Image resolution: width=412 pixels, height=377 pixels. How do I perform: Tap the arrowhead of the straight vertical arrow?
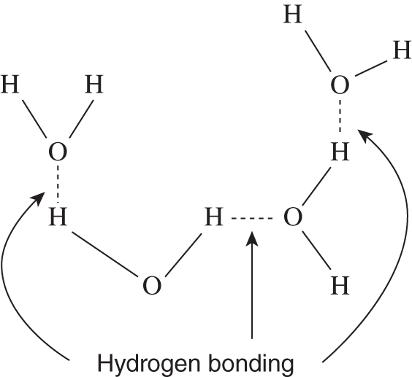click(252, 238)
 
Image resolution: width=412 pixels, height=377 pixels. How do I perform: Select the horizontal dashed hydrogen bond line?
click(252, 218)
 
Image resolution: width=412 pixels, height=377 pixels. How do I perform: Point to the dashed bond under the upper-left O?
click(58, 184)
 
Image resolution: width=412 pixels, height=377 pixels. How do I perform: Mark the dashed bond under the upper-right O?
click(340, 115)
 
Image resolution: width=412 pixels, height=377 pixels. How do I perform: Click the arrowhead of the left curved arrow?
click(39, 198)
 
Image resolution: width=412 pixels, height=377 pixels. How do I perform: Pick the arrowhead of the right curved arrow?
click(365, 136)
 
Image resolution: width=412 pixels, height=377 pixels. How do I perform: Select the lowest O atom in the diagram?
click(152, 285)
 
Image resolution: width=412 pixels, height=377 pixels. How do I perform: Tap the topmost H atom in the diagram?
click(292, 15)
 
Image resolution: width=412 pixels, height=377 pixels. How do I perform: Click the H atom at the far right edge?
click(402, 50)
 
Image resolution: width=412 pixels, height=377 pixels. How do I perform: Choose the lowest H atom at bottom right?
click(340, 286)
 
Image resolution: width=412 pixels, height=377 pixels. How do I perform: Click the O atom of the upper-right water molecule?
click(340, 85)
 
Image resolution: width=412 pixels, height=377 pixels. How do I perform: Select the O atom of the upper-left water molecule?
click(58, 152)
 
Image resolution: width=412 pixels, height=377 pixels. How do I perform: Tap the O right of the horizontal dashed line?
click(293, 217)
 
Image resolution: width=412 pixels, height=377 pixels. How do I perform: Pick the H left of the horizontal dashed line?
click(214, 217)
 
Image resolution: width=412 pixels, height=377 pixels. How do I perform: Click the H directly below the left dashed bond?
click(58, 217)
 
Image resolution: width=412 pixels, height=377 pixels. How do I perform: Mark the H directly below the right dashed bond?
click(340, 152)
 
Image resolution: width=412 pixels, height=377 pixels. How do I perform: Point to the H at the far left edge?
click(10, 85)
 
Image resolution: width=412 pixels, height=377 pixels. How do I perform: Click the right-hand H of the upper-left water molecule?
click(94, 85)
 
